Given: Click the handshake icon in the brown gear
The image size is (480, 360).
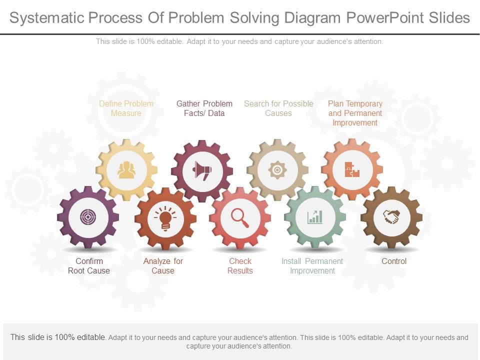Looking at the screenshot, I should [391, 216].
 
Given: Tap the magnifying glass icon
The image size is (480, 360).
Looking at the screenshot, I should [240, 217].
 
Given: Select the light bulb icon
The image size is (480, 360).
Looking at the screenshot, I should [165, 218].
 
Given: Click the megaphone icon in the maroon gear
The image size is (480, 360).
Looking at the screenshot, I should [202, 171].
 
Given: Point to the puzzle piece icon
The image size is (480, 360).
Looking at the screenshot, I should [352, 170].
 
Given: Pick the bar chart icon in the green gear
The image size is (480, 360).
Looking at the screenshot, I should [315, 217].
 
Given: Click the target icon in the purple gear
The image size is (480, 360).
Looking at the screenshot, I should [88, 217].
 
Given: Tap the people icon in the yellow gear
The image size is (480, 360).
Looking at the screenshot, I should [126, 170].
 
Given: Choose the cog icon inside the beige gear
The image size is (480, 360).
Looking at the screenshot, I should [277, 170].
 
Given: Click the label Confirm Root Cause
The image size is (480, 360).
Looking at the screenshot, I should [89, 266].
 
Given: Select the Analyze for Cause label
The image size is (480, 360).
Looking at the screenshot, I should [163, 266].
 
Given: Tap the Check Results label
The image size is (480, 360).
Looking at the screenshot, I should [240, 266].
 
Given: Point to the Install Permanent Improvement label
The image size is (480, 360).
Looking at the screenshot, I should [312, 266].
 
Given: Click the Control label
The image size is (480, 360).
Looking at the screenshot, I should [394, 261].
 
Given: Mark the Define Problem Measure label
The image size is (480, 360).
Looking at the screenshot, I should [126, 108].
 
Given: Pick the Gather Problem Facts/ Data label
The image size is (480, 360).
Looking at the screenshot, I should [204, 108].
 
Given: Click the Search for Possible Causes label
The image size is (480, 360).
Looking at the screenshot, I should [278, 108].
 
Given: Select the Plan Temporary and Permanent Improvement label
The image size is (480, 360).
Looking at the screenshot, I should [355, 113].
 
